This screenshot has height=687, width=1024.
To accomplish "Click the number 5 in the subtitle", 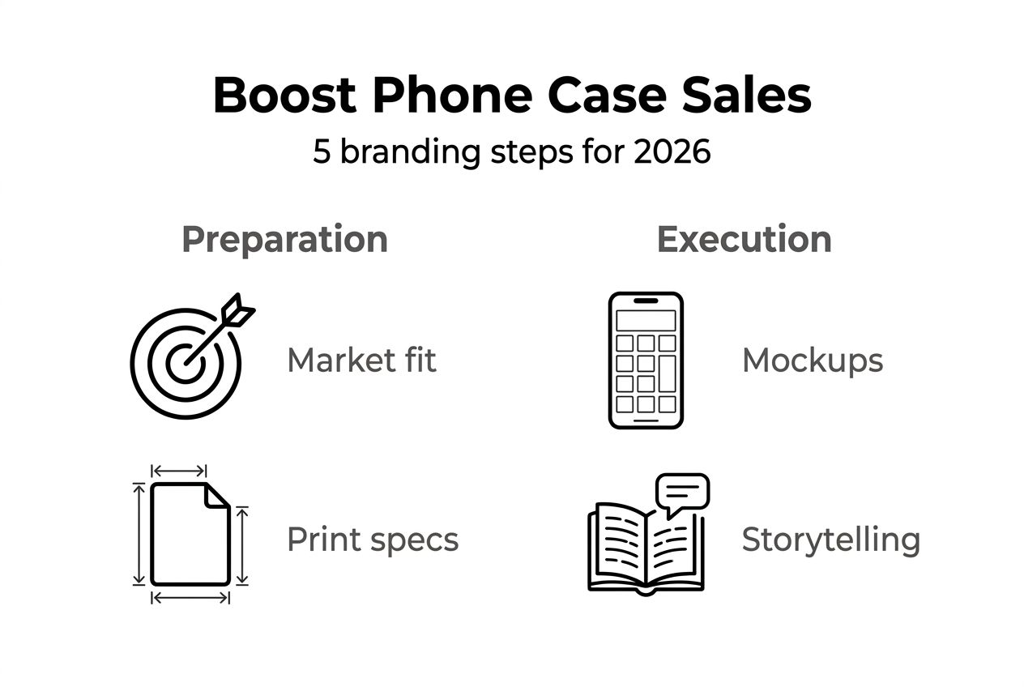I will point(322,151).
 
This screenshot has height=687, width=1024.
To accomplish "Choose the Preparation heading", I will point(284,240).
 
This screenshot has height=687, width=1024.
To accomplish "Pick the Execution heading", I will point(744,240).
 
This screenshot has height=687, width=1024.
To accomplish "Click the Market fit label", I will point(361,361).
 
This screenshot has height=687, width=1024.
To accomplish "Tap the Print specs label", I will point(373,540).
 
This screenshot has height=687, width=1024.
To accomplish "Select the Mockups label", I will point(813,361).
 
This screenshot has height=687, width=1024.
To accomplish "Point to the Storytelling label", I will point(830,540).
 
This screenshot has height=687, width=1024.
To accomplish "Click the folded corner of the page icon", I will point(217,495).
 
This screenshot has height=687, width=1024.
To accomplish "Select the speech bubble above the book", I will point(682,491).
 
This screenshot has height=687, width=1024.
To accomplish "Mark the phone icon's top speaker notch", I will point(646,301).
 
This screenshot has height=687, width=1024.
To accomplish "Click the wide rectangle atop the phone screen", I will point(646,321).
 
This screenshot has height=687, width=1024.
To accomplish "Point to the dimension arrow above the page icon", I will point(179,471).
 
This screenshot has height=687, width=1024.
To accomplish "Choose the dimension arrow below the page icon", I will point(190,598).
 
